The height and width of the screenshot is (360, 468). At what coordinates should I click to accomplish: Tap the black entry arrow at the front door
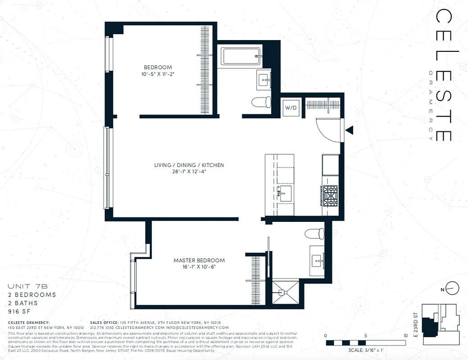click(x=349, y=130)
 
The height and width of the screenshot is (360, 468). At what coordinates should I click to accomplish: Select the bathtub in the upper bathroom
click(x=241, y=57)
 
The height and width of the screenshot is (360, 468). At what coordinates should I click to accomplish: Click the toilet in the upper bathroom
click(x=261, y=102)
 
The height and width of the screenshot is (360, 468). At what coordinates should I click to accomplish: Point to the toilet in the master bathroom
click(x=314, y=234)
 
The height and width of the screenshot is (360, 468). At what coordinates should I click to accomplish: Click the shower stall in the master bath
click(x=285, y=293)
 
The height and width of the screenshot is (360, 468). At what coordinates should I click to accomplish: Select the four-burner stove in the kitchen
click(x=329, y=195)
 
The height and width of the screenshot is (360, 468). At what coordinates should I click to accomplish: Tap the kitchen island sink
click(x=285, y=193)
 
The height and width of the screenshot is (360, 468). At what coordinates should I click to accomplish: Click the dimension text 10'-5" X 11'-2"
click(x=158, y=75)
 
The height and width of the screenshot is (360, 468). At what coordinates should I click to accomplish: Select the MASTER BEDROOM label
click(x=199, y=261)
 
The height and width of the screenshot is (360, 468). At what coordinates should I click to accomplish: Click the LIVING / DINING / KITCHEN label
click(x=189, y=165)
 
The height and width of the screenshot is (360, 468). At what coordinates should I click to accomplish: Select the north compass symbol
click(x=454, y=288)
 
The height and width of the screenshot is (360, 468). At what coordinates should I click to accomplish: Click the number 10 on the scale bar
click(x=405, y=336)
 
